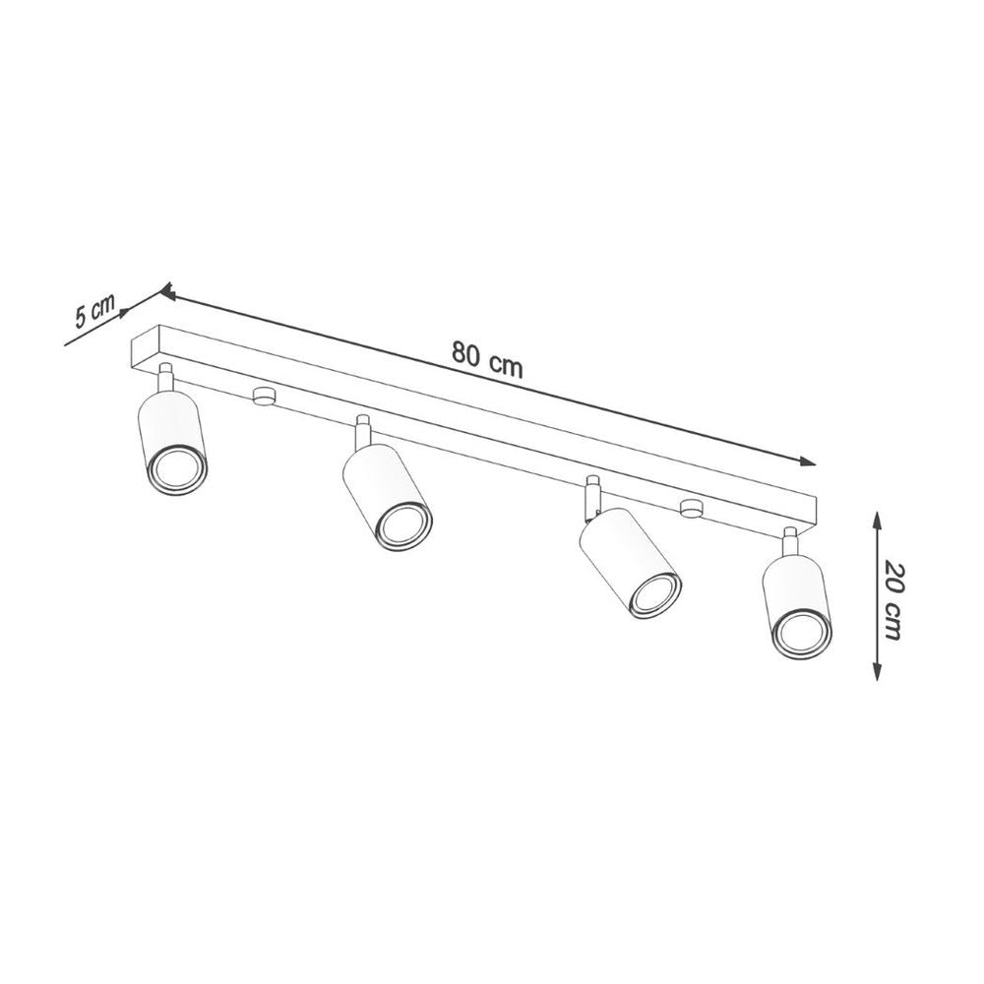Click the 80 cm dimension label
(x=488, y=359)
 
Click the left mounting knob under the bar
(x=263, y=396)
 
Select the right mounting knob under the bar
(x=692, y=509)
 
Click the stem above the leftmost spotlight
(x=165, y=377)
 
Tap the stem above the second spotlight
(x=363, y=430)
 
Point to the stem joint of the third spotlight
(x=592, y=496)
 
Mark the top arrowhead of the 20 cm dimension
(x=875, y=516)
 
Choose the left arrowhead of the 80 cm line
(x=167, y=292)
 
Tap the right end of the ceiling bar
(x=813, y=512)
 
